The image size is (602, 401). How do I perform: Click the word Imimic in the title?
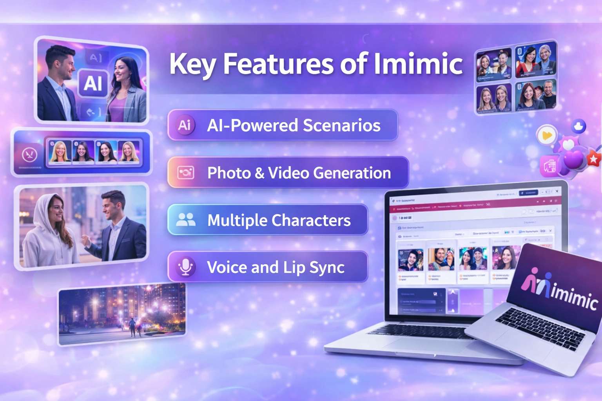tap(418, 64)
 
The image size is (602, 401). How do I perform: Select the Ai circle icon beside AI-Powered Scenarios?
tap(185, 125)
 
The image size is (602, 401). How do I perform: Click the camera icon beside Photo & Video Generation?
tap(185, 173)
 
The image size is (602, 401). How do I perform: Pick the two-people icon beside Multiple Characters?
tap(185, 220)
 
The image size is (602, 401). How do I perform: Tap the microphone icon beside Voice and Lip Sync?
tap(185, 267)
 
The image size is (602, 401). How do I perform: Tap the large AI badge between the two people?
tap(93, 83)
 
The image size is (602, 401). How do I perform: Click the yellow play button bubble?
tap(547, 135)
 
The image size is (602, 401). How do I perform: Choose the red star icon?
tap(593, 159)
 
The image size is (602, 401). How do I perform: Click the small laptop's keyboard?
tap(541, 327)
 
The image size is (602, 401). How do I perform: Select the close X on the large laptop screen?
tap(557, 191)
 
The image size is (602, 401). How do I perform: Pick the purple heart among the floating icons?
tap(574, 160)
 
